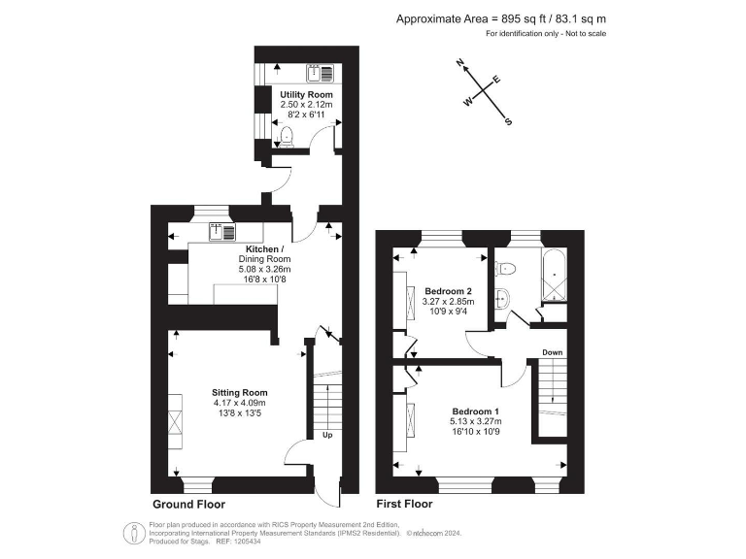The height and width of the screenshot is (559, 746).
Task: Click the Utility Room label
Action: [306, 94]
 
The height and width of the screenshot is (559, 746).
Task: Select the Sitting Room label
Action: [239, 392]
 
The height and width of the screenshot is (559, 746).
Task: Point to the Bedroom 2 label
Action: [448, 291]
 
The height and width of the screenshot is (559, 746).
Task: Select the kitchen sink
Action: [222, 231]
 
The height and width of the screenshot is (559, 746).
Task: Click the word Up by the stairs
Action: [327, 436]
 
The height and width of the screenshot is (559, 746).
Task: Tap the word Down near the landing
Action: [552, 352]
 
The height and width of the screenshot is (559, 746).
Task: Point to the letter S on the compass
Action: [509, 122]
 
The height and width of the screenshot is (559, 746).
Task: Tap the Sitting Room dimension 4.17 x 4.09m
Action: [239, 403]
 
